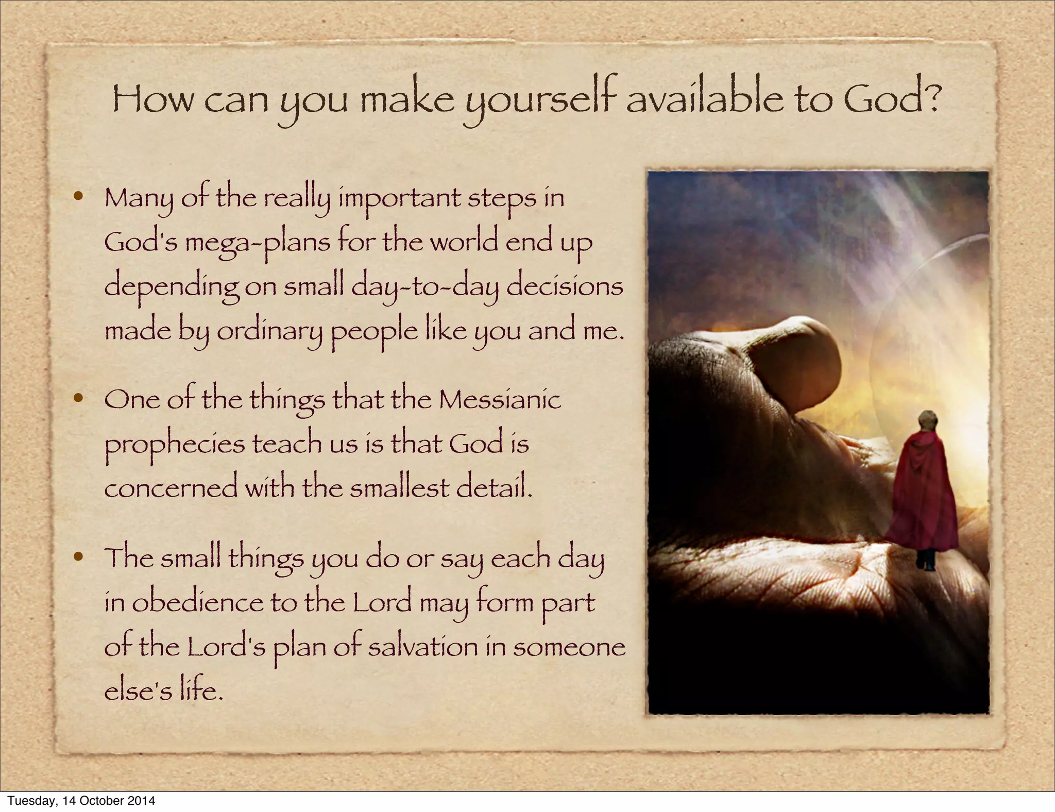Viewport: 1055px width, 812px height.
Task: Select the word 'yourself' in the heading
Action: coord(541,100)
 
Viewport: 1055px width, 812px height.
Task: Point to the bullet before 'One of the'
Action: coord(78,398)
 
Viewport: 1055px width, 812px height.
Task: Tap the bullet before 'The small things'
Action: coord(78,556)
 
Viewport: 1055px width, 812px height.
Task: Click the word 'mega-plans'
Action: coord(258,242)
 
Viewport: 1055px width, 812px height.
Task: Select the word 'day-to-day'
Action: coord(425,287)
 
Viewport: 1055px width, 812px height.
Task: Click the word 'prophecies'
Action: coord(175,445)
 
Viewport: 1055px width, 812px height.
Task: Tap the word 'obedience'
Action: coord(198,603)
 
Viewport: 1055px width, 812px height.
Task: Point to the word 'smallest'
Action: coord(400,487)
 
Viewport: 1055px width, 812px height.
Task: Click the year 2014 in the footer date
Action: coord(142,801)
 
